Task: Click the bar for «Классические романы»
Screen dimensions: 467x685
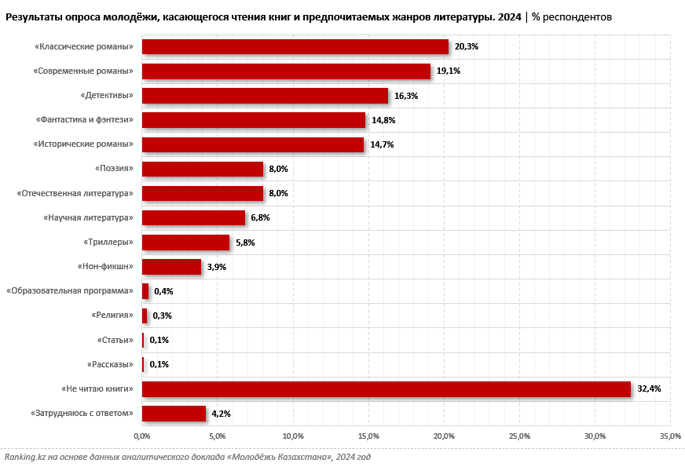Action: (x=295, y=47)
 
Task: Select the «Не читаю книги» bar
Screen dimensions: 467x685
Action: (x=386, y=389)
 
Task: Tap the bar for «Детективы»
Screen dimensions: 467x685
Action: (x=265, y=96)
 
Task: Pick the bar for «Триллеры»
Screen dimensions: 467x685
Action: (x=185, y=243)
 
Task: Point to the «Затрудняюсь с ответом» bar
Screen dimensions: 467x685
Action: (x=174, y=414)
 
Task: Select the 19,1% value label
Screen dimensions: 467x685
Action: (x=449, y=71)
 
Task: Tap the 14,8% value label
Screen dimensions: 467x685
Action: (x=383, y=120)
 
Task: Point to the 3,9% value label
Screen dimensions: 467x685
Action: (x=217, y=267)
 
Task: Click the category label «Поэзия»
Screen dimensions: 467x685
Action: (x=114, y=169)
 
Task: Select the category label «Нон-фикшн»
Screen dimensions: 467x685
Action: (x=105, y=267)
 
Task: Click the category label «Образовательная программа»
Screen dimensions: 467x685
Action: (x=70, y=291)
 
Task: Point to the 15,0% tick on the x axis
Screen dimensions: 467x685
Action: (x=368, y=436)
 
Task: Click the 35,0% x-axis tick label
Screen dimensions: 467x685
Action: (x=669, y=436)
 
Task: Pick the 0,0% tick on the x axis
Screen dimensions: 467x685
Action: (x=141, y=436)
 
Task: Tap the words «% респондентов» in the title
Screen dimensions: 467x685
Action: (x=572, y=16)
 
